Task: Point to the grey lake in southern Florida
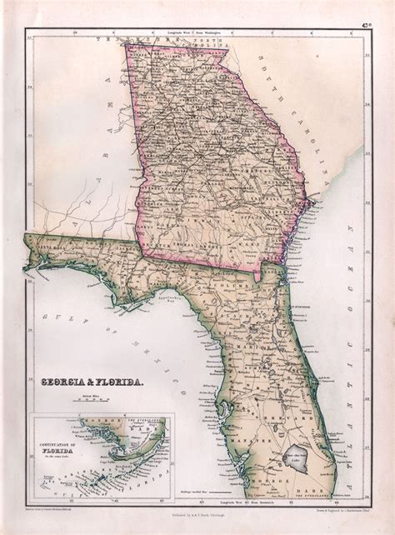(297, 457)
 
